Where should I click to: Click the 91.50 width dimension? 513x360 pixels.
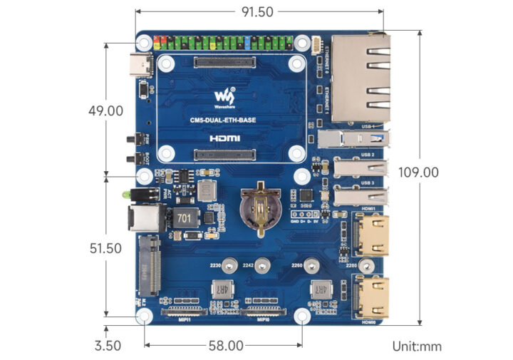257,11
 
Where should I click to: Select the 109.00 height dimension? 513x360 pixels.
418,173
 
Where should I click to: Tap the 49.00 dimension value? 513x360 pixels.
105,111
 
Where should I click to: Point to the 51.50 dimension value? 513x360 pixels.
105,248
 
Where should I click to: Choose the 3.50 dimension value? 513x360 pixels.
107,346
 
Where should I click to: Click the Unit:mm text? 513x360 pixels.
417,346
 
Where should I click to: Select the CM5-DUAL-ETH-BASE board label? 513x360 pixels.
223,120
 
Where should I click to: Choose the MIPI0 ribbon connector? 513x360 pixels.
263,312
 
